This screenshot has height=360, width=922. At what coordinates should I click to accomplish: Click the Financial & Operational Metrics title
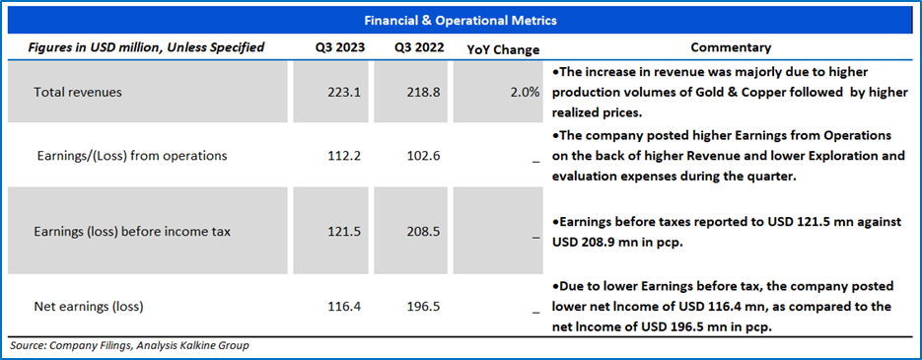(461, 21)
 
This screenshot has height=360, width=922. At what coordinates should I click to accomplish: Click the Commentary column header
(731, 47)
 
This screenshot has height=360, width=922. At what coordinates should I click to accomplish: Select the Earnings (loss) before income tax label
(132, 232)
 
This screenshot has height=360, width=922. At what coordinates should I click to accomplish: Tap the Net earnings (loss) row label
(89, 307)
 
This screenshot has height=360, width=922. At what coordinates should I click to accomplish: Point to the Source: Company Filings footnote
(129, 345)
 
